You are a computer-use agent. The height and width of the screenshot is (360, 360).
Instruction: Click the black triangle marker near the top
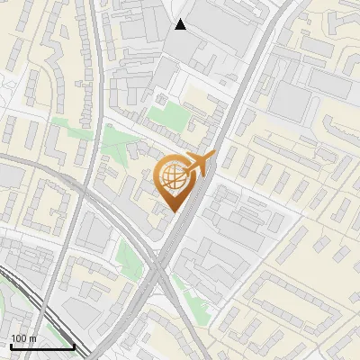click(181, 24)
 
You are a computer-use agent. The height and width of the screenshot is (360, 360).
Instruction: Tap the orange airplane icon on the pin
click(199, 165)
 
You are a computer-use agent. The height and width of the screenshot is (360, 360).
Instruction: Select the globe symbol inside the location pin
click(172, 179)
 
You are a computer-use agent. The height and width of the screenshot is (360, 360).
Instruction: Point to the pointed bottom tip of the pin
click(173, 211)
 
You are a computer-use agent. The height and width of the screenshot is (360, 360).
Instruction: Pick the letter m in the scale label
click(33, 338)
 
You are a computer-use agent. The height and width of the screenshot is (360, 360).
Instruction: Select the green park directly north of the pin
click(167, 114)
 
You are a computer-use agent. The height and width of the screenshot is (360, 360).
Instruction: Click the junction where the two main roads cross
click(160, 270)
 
